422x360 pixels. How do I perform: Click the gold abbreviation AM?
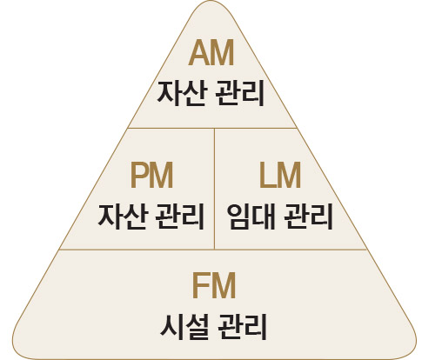[211, 53]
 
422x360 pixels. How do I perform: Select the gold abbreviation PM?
[151, 176]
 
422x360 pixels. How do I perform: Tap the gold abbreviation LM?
[280, 176]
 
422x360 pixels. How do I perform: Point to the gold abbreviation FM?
[214, 285]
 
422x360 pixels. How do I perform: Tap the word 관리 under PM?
[180, 217]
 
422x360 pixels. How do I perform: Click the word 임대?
[251, 217]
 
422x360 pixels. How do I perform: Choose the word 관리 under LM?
[308, 217]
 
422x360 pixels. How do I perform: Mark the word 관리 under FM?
[242, 327]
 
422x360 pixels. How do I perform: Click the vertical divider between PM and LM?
[214, 189]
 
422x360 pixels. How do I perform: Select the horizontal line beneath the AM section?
[212, 128]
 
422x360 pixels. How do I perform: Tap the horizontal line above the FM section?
[213, 250]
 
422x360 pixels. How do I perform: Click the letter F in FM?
[200, 285]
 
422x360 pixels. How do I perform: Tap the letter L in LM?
[266, 176]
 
